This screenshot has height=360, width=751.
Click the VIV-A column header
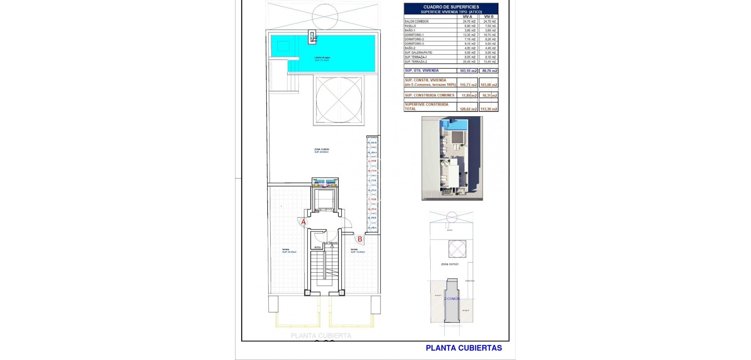pos(467,17)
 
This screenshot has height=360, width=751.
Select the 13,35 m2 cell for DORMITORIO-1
pos(467,35)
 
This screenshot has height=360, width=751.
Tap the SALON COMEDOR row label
pos(417,22)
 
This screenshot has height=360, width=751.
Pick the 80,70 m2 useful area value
pos(489,71)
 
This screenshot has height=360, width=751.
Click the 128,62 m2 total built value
pos(468,109)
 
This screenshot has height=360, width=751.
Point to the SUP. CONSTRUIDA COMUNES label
pos(429,95)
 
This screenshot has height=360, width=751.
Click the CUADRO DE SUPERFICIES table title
pos(451,7)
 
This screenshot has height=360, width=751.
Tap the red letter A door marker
pos(303,222)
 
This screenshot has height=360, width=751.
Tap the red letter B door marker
pos(359,239)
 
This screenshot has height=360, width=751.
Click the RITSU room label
pos(318,247)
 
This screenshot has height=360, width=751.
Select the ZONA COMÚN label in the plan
pos(322,149)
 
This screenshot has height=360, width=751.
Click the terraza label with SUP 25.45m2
pos(286,250)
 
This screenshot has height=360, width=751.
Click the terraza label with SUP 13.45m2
pos(354,250)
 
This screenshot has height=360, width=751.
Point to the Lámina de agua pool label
pos(322,58)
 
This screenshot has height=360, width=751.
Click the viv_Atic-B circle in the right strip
pos(372,142)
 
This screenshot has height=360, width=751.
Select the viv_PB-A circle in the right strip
pos(372,227)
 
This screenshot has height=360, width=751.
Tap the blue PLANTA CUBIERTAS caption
pos(464,348)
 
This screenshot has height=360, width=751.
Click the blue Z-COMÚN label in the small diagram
pos(452,299)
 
